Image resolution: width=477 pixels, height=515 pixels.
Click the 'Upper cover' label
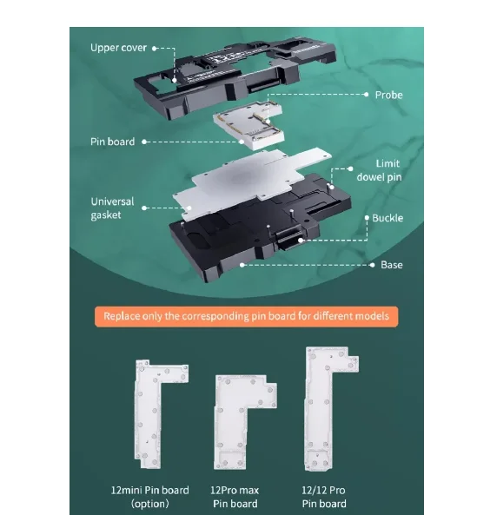pyautogui.click(x=119, y=47)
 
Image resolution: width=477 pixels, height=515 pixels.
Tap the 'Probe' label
pyautogui.click(x=388, y=94)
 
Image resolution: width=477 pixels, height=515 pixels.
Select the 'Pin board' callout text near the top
pyautogui.click(x=112, y=141)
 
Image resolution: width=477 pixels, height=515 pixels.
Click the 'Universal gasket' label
pyautogui.click(x=112, y=208)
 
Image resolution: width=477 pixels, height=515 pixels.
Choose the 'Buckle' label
pyautogui.click(x=387, y=218)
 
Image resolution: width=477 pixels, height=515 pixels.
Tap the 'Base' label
pyautogui.click(x=391, y=264)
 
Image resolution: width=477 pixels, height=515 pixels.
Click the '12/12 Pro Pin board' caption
pyautogui.click(x=324, y=497)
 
